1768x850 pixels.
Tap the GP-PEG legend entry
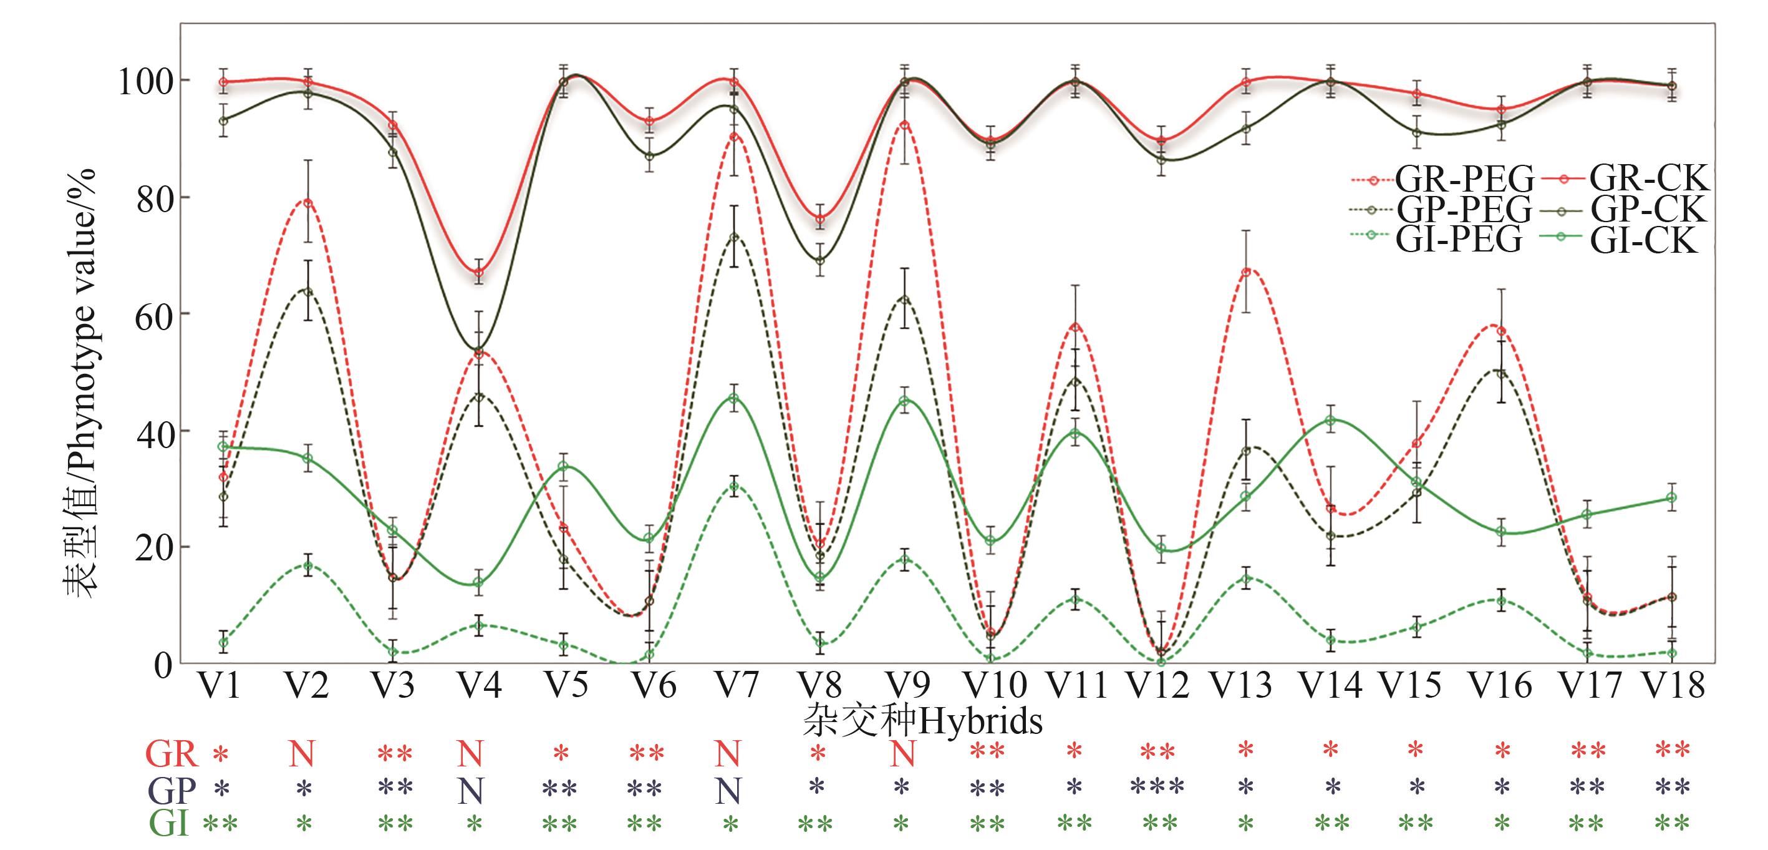pos(1441,210)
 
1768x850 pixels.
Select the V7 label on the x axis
pos(737,685)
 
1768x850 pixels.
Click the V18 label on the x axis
pos(1673,685)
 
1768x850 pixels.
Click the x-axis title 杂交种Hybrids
pos(922,721)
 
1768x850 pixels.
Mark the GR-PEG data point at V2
pos(308,203)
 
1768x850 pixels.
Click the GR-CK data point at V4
pos(478,273)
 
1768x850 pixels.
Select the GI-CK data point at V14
pos(1331,420)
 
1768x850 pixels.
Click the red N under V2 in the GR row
pos(301,754)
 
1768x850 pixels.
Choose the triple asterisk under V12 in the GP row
pos(1157,786)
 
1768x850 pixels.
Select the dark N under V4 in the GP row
pos(471,791)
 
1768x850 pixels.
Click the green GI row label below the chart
pos(169,823)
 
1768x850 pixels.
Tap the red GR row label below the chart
pos(171,754)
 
